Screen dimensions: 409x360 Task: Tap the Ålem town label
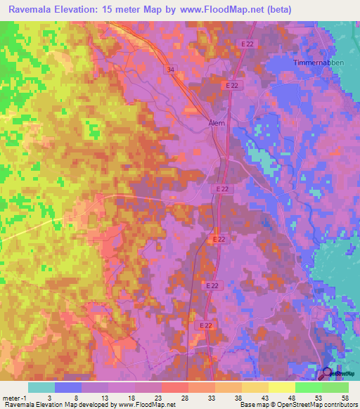(x=216, y=122)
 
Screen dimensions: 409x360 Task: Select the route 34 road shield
(x=171, y=70)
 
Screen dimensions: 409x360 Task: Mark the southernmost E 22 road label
(x=205, y=325)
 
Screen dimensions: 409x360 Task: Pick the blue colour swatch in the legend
(x=68, y=387)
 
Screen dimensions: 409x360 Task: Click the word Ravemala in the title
(x=33, y=9)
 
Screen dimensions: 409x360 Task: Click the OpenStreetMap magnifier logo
(x=327, y=374)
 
